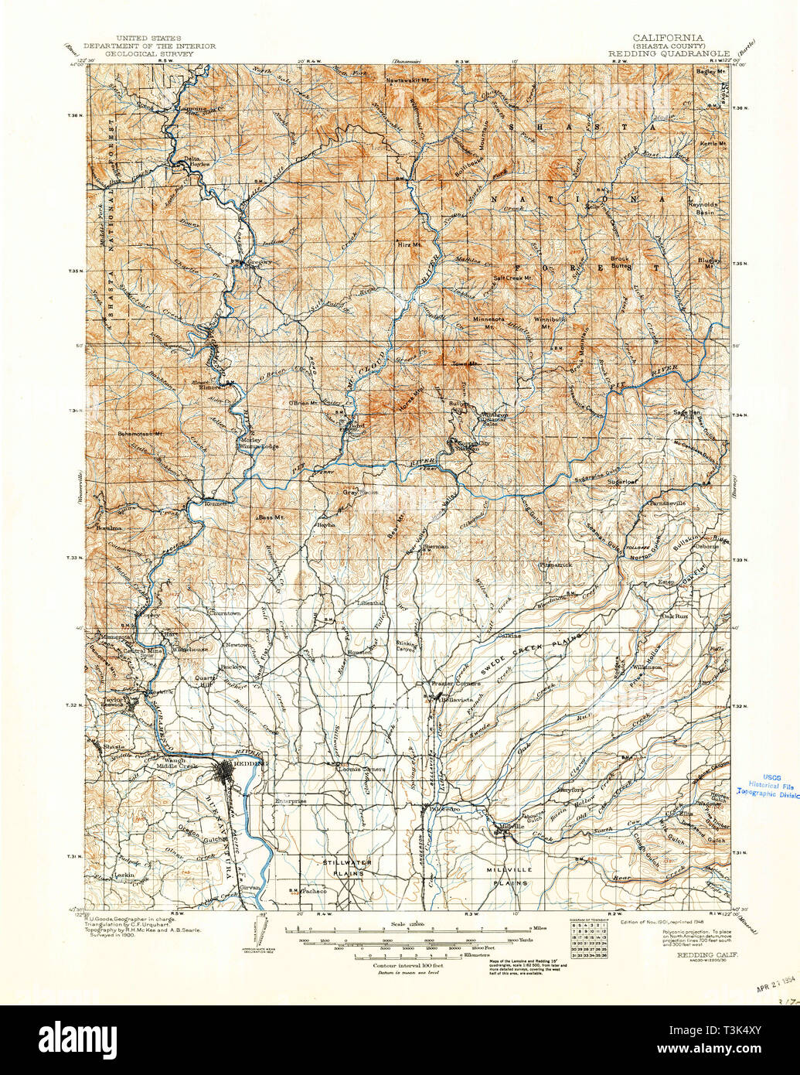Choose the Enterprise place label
point(291,801)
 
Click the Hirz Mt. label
point(409,244)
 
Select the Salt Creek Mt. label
point(513,278)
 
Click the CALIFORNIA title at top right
point(667,37)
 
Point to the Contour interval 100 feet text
point(407,967)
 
